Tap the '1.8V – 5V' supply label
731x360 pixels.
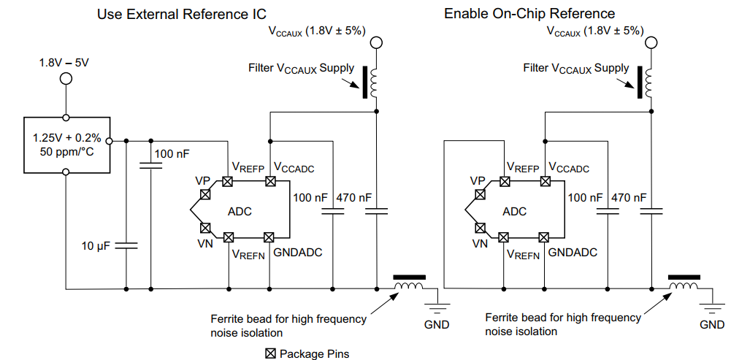click(64, 63)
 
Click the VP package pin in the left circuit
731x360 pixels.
click(205, 194)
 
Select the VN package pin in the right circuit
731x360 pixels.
click(480, 227)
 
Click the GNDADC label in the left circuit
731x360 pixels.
click(298, 253)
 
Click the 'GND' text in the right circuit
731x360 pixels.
click(712, 323)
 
